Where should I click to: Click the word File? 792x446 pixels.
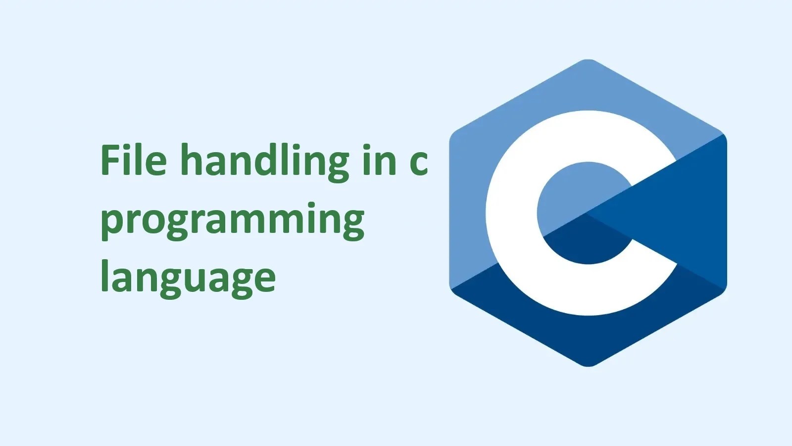click(133, 161)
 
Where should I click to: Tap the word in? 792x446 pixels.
click(379, 161)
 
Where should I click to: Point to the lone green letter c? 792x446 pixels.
click(418, 164)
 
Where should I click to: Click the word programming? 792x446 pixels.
click(232, 221)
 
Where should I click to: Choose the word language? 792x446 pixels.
click(188, 278)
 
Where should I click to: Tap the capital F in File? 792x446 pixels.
click(111, 160)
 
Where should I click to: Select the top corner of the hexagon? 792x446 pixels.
click(588, 60)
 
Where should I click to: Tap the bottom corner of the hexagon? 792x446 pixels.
click(588, 366)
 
